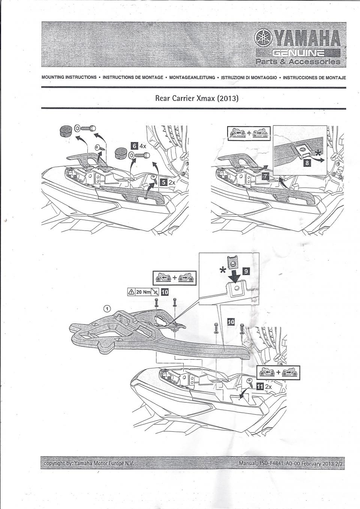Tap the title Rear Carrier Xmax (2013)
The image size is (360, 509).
197,99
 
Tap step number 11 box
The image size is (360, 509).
259,387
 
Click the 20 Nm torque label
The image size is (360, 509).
141,292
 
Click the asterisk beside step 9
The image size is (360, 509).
223,271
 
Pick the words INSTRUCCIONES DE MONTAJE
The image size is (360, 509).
314,78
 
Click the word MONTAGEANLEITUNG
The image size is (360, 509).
192,78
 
